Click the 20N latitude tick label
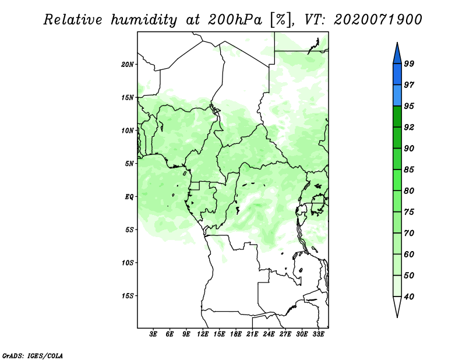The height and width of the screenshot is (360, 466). tap(128, 65)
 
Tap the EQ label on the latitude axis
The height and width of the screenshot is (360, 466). tap(129, 197)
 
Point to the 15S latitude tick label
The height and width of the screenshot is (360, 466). tap(128, 296)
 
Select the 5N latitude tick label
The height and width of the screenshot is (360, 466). tap(129, 164)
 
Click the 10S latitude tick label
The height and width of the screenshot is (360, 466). tap(128, 263)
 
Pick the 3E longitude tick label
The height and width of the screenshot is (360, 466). tap(153, 334)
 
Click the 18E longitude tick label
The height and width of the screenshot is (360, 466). tap(236, 334)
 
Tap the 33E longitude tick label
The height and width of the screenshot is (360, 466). tap(318, 334)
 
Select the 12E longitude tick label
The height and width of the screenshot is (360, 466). tap(203, 334)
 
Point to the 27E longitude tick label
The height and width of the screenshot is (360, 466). tap(285, 334)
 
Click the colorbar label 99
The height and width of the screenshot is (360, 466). tap(409, 63)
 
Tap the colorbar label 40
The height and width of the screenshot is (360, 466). tap(409, 297)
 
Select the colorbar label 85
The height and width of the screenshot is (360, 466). tap(409, 170)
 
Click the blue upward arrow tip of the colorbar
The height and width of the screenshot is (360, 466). tap(397, 43)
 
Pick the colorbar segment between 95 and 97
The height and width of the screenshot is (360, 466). tap(397, 96)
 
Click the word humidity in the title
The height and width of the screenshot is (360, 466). tap(144, 20)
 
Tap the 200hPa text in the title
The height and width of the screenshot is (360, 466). tap(235, 20)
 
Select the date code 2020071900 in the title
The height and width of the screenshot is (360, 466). tap(377, 20)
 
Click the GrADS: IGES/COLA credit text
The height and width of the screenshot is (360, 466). tap(33, 355)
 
